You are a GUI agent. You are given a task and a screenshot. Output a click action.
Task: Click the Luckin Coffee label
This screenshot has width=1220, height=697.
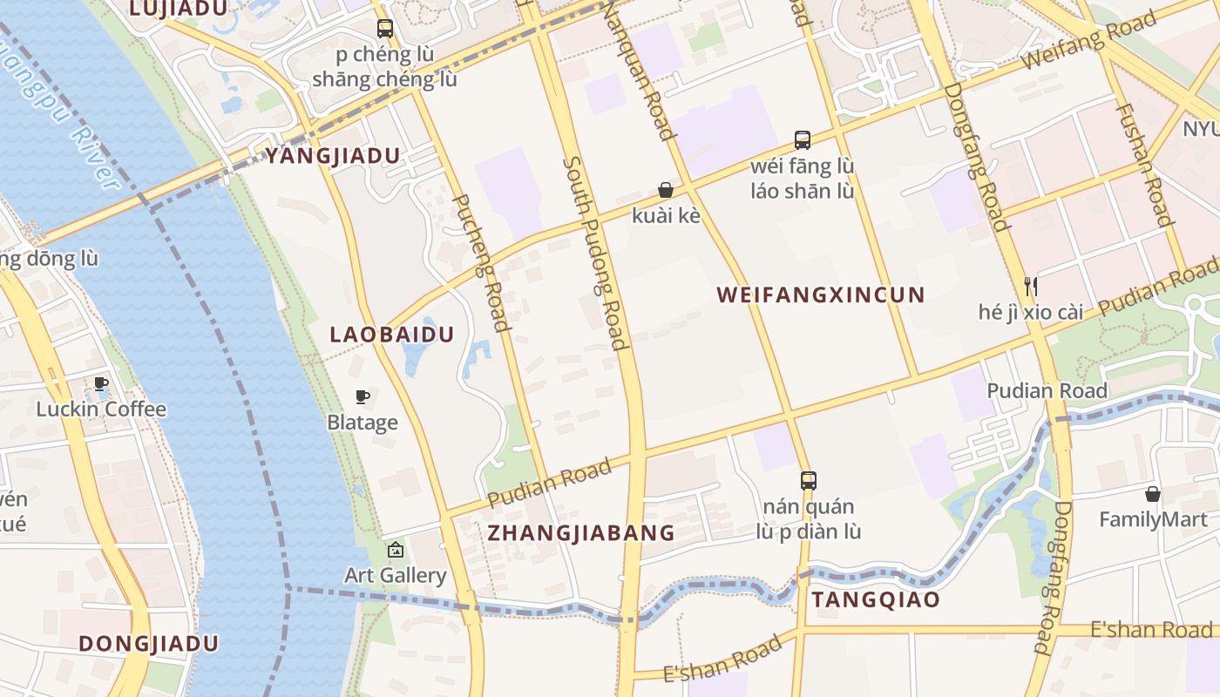tap(101, 409)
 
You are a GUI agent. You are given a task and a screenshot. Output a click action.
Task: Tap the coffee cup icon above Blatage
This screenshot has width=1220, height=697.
tap(363, 397)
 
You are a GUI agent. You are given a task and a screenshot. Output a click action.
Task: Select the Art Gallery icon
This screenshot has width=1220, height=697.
tap(396, 550)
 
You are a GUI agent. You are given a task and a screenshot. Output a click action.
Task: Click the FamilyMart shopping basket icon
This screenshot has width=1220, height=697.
tap(1153, 494)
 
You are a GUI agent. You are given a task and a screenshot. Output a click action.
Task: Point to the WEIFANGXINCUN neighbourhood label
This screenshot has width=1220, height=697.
tap(820, 294)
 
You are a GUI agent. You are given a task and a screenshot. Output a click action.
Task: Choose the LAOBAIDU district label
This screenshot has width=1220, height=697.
tap(392, 335)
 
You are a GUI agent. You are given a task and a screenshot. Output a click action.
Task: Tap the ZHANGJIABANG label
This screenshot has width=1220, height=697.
tap(581, 532)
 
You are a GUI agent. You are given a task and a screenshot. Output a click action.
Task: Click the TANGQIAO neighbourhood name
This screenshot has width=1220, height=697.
tap(876, 599)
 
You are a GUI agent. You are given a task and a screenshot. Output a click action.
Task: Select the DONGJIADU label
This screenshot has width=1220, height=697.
tap(148, 644)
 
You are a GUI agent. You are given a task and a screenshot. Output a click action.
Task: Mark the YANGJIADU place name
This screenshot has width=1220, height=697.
tap(333, 156)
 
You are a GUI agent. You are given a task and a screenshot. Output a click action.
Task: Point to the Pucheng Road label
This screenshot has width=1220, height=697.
tap(482, 263)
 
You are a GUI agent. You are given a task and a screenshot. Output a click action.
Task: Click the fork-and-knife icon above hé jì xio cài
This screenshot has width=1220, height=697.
tap(1030, 286)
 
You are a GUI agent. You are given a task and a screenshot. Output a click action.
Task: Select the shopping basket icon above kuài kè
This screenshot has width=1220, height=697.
tap(666, 190)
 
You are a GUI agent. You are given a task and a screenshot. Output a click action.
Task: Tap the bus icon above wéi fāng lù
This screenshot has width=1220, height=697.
tap(803, 139)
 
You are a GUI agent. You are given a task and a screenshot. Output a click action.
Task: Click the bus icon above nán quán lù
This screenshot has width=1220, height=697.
tap(809, 480)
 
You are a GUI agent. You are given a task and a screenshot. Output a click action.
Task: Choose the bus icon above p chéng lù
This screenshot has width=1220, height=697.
tap(385, 28)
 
